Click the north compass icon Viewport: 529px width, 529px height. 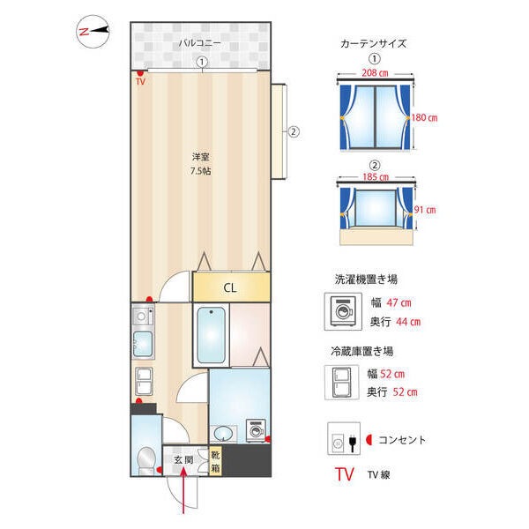pyautogui.click(x=93, y=31)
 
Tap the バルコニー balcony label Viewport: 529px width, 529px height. pyautogui.click(x=199, y=42)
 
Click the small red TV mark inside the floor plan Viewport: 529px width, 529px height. pyautogui.click(x=139, y=81)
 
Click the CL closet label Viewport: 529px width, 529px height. pyautogui.click(x=229, y=287)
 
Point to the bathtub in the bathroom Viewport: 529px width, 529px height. pyautogui.click(x=212, y=335)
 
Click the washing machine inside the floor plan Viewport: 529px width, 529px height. pyautogui.click(x=257, y=430)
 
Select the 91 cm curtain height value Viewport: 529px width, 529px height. pyautogui.click(x=425, y=210)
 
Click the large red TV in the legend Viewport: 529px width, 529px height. pyautogui.click(x=344, y=474)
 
